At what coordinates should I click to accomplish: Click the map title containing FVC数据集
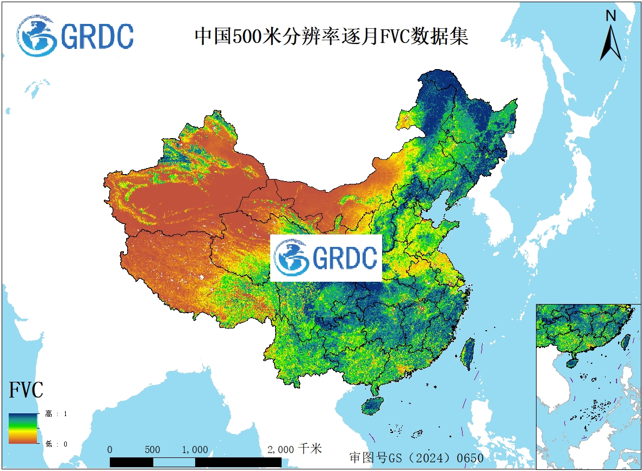(x=332, y=37)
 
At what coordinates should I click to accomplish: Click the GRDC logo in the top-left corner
(x=75, y=36)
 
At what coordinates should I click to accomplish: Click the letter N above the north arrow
(x=611, y=16)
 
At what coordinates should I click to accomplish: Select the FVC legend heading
(x=26, y=390)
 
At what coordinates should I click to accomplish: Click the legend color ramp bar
(x=23, y=429)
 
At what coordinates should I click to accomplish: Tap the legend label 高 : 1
(x=56, y=414)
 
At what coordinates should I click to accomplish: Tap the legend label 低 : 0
(x=56, y=444)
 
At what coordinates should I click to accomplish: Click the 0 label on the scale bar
(x=110, y=450)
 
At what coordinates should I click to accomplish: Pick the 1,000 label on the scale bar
(x=195, y=450)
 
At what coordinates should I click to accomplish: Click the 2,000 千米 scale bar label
(x=295, y=449)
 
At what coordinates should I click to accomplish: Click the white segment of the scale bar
(x=174, y=462)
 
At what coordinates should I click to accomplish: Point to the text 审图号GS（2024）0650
(x=416, y=457)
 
